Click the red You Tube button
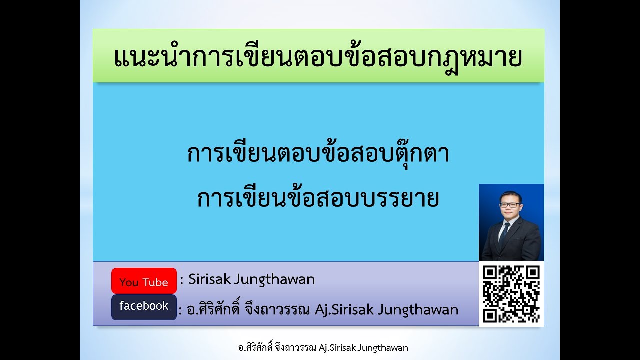144,281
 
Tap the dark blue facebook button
144,307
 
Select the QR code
511,294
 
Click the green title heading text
318,57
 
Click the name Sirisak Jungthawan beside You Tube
251,279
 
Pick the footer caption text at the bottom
323,347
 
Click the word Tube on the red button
155,282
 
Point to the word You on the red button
129,282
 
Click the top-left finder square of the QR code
490,272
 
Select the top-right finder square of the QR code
533,272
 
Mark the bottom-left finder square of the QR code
490,315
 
